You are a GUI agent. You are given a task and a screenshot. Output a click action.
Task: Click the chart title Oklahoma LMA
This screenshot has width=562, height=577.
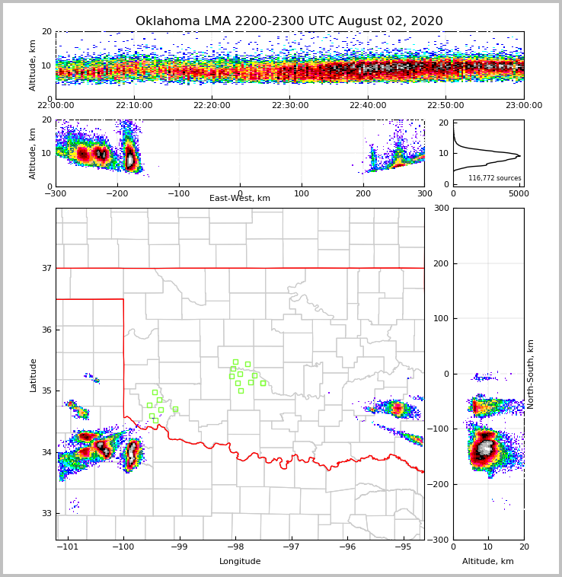pyautogui.click(x=289, y=21)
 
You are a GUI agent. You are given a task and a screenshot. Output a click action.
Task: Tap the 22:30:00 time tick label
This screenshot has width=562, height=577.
pyautogui.click(x=290, y=106)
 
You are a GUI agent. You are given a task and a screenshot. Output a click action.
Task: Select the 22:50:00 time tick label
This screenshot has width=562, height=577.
pyautogui.click(x=445, y=106)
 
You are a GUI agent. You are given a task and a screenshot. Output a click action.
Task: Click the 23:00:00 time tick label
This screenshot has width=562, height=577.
pyautogui.click(x=523, y=106)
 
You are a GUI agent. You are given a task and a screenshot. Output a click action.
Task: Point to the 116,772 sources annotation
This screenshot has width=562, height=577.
pyautogui.click(x=494, y=178)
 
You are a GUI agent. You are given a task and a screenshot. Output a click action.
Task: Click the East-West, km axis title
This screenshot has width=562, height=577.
pyautogui.click(x=240, y=199)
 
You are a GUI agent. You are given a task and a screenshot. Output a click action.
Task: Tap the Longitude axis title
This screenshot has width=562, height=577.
pyautogui.click(x=240, y=562)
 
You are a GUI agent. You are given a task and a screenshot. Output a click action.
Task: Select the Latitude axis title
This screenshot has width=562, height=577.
pyautogui.click(x=34, y=375)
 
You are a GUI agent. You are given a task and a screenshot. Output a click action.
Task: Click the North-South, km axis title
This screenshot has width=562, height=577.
pyautogui.click(x=531, y=374)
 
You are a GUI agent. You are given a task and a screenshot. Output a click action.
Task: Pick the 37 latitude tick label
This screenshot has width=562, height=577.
pyautogui.click(x=46, y=268)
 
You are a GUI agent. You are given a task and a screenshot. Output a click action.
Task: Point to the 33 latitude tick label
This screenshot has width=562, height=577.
pyautogui.click(x=46, y=513)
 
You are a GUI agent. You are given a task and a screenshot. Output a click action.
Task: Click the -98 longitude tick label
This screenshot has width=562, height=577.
pyautogui.click(x=235, y=547)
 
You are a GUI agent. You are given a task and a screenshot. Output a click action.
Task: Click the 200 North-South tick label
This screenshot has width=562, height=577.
pyautogui.click(x=440, y=263)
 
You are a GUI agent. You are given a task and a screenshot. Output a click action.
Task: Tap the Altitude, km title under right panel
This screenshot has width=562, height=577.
pyautogui.click(x=488, y=562)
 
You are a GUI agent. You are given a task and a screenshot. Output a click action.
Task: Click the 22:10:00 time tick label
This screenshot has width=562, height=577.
pyautogui.click(x=134, y=106)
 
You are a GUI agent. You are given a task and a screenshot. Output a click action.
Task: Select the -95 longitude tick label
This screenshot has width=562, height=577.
pyautogui.click(x=403, y=547)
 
